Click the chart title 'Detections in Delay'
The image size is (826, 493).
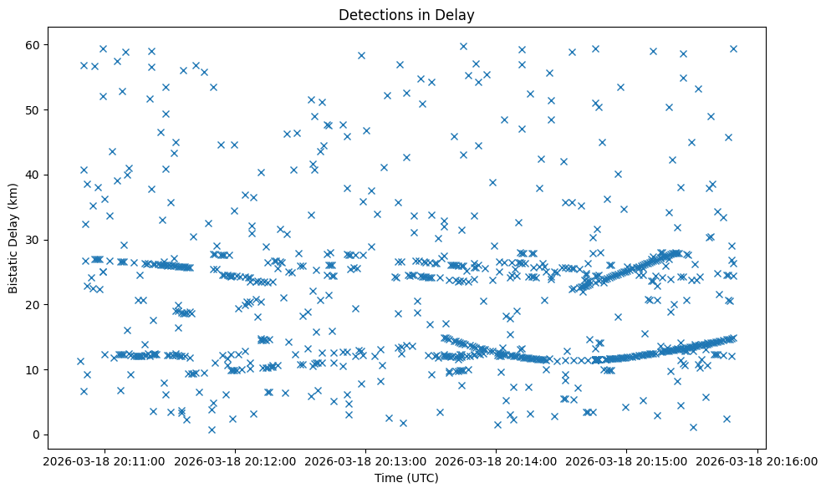(x=405, y=14)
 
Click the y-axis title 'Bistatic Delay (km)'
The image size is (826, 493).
(x=13, y=238)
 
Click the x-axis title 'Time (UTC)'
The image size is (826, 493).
(x=405, y=478)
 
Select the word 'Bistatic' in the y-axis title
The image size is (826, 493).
(x=13, y=271)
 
